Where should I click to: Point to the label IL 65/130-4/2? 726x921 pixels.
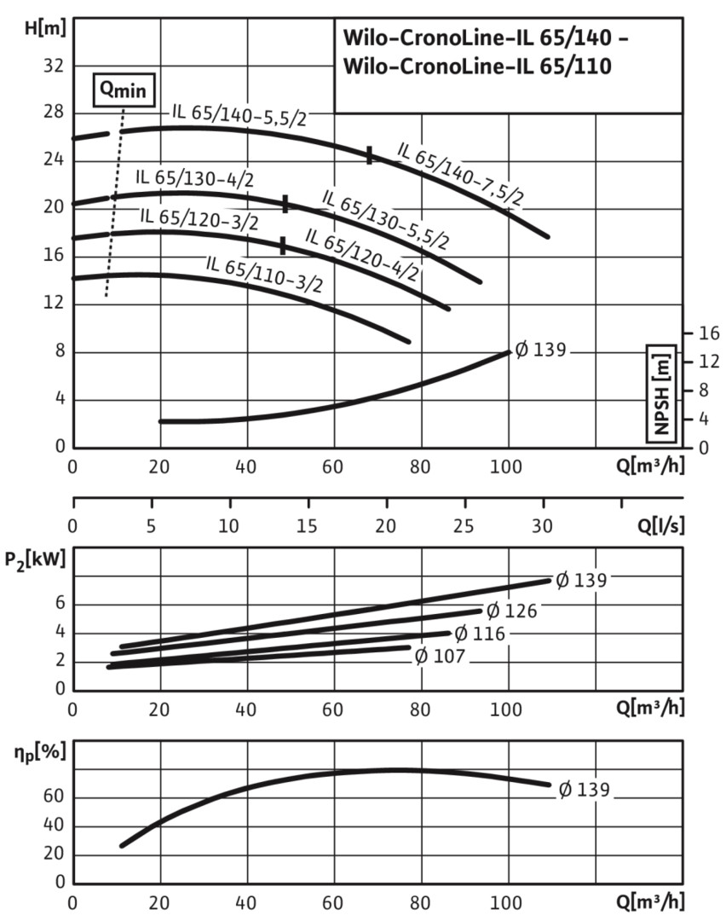pyautogui.click(x=194, y=178)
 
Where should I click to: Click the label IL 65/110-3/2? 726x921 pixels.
pyautogui.click(x=263, y=273)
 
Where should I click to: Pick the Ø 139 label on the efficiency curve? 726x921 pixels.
pyautogui.click(x=584, y=790)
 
